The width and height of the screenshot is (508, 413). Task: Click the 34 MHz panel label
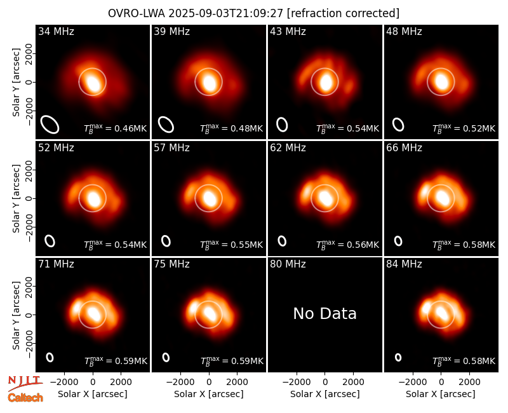coord(56,31)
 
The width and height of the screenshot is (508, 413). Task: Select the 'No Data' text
coord(324,313)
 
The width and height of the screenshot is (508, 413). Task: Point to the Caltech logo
coord(25,398)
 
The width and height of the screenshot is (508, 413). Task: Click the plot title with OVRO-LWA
coord(253,13)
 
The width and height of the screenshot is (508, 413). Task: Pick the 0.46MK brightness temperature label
coord(116,128)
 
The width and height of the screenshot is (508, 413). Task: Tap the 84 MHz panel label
coord(404,264)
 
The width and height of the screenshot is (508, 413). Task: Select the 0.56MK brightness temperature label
coord(347,245)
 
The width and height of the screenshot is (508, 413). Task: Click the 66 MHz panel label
coord(404,148)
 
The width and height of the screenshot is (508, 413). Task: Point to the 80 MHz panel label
coord(288,264)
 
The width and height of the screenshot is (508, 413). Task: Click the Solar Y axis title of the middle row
coord(17,198)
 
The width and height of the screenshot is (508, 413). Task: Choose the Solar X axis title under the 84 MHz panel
coord(441,394)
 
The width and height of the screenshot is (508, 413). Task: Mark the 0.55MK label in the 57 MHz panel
coord(231,245)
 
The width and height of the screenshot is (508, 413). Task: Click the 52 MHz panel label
coord(56,148)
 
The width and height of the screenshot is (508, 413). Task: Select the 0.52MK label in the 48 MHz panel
coord(464,128)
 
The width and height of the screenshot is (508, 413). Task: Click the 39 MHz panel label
coord(171,31)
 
